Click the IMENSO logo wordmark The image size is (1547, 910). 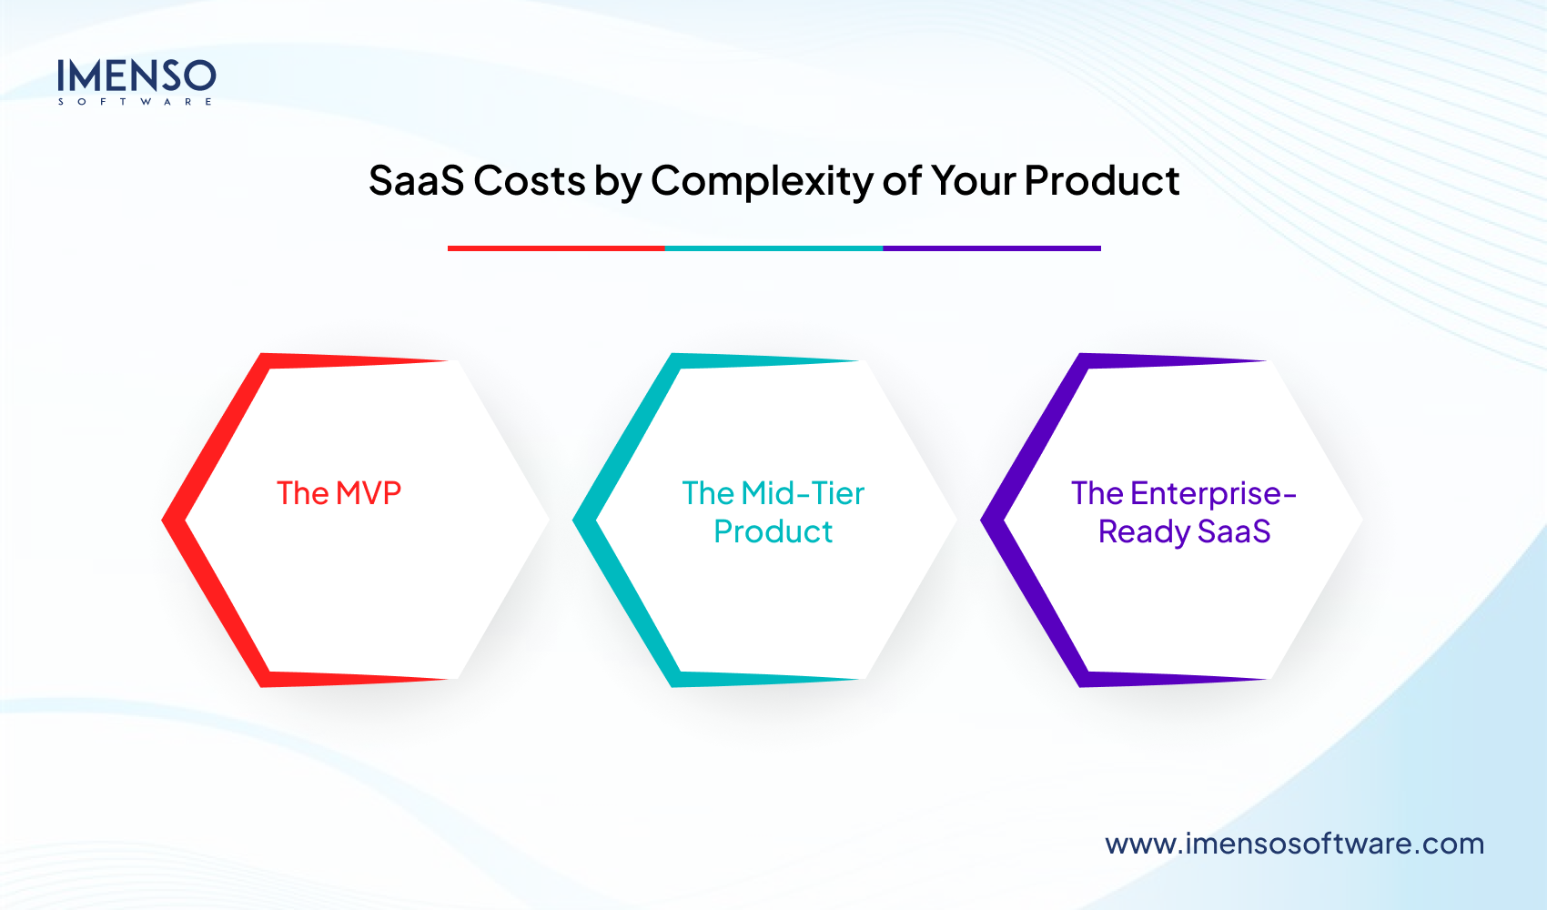pyautogui.click(x=136, y=76)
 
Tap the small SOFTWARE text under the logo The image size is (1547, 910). pyautogui.click(x=136, y=102)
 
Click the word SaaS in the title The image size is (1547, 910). pyautogui.click(x=416, y=180)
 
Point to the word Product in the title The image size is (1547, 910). pyautogui.click(x=1101, y=180)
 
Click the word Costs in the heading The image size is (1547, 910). pyautogui.click(x=529, y=180)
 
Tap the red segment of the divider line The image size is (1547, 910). pyautogui.click(x=556, y=248)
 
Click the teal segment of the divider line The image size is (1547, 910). pyautogui.click(x=773, y=248)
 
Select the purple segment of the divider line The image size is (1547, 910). pyautogui.click(x=991, y=248)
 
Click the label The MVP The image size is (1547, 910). pyautogui.click(x=339, y=493)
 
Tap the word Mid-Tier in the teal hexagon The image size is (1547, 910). pyautogui.click(x=803, y=493)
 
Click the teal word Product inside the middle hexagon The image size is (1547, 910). pyautogui.click(x=773, y=531)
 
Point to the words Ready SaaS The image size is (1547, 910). pyautogui.click(x=1184, y=531)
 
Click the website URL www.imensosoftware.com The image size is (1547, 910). pyautogui.click(x=1294, y=844)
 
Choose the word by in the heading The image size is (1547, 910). pyautogui.click(x=618, y=181)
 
